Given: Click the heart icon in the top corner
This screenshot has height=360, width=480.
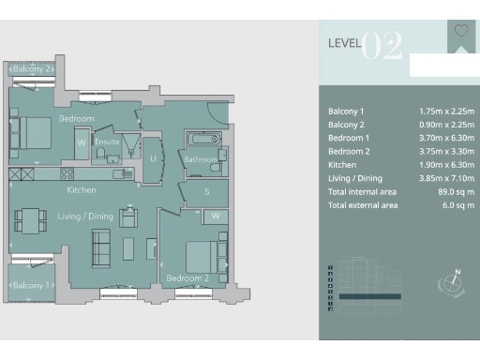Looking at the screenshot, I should point(460,30).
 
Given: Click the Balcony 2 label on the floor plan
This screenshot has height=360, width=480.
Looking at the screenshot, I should point(30,69).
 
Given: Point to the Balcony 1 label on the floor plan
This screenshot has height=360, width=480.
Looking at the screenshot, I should point(30,284).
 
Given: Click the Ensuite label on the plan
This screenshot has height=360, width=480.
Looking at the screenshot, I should point(107,143).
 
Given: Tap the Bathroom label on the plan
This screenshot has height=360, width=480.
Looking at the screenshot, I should point(200,160).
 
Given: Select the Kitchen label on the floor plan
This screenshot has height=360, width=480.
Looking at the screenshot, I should point(82,189).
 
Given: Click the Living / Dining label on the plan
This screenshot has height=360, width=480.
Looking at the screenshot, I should point(86,217).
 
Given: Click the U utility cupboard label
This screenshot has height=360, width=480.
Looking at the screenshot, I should point(153,159).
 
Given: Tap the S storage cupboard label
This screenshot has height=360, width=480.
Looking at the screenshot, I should point(207,192).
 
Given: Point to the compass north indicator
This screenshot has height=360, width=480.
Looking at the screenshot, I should point(452,282).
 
